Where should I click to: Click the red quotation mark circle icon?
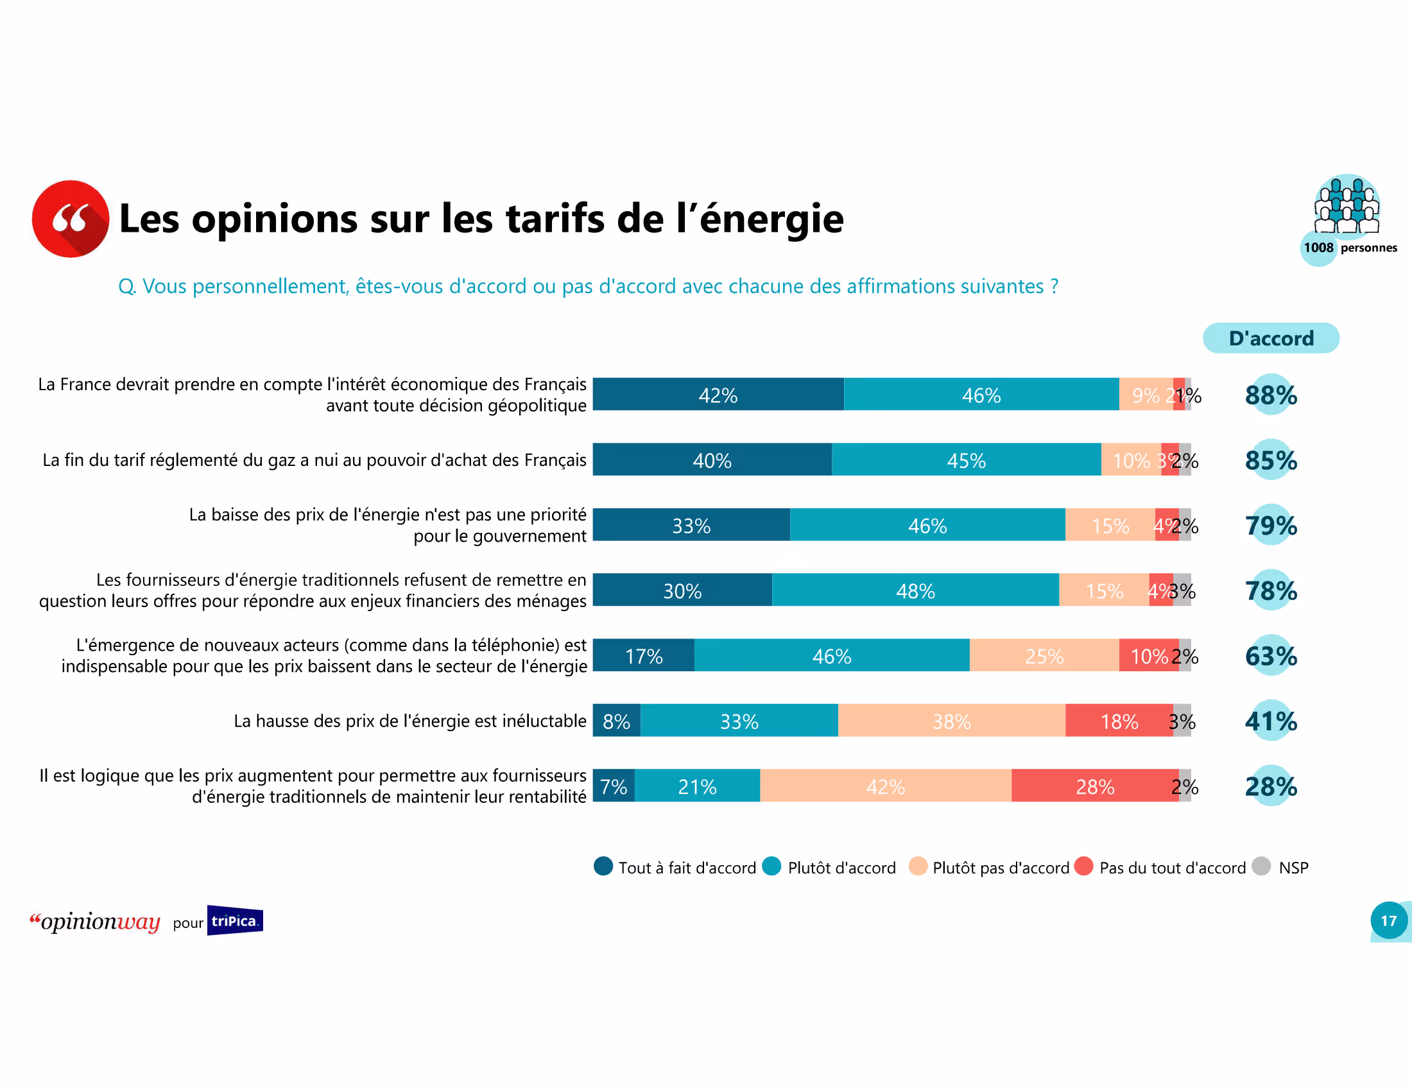pos(71,218)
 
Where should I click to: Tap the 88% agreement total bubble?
pos(1270,395)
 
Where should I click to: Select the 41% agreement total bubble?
pos(1270,721)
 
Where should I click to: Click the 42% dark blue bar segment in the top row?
pos(718,394)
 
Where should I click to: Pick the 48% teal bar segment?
pos(915,590)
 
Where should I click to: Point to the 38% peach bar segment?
pos(951,721)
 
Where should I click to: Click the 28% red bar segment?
pos(1094,786)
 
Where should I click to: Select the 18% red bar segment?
pos(1119,721)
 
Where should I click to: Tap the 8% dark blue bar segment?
pos(616,721)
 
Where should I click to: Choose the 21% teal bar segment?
pos(697,786)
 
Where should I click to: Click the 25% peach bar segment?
pos(1044,655)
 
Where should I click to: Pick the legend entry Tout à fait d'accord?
pos(675,868)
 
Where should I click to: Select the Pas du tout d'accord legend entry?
pos(1160,868)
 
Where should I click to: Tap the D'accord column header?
pos(1270,338)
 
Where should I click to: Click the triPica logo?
pos(235,920)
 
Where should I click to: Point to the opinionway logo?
pos(95,921)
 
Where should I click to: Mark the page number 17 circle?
pos(1388,920)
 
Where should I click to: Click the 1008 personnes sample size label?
pos(1349,248)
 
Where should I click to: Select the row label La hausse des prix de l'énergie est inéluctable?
pos(410,721)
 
